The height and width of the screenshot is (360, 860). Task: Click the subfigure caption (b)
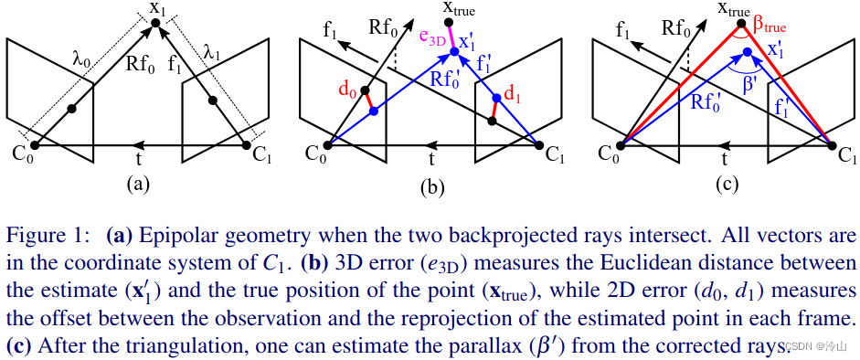tap(431, 188)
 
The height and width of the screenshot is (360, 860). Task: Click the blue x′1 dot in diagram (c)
tap(748, 52)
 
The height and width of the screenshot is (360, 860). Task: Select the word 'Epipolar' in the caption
tap(172, 235)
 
